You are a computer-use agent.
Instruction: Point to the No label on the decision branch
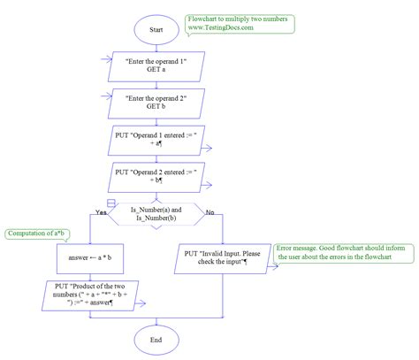(x=209, y=211)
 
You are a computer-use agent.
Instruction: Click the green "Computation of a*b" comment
(x=36, y=234)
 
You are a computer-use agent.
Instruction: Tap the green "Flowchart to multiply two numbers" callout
(x=242, y=24)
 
